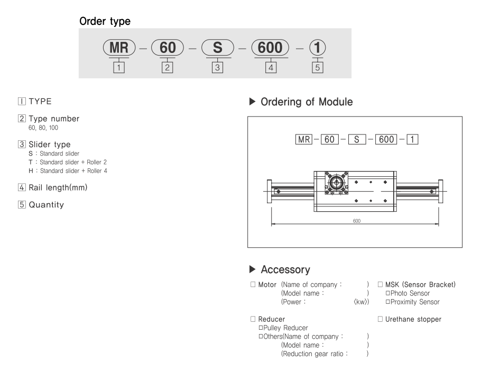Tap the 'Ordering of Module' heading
point(307,102)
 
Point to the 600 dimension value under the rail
point(357,220)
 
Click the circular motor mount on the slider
point(336,184)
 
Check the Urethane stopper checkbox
point(380,319)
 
